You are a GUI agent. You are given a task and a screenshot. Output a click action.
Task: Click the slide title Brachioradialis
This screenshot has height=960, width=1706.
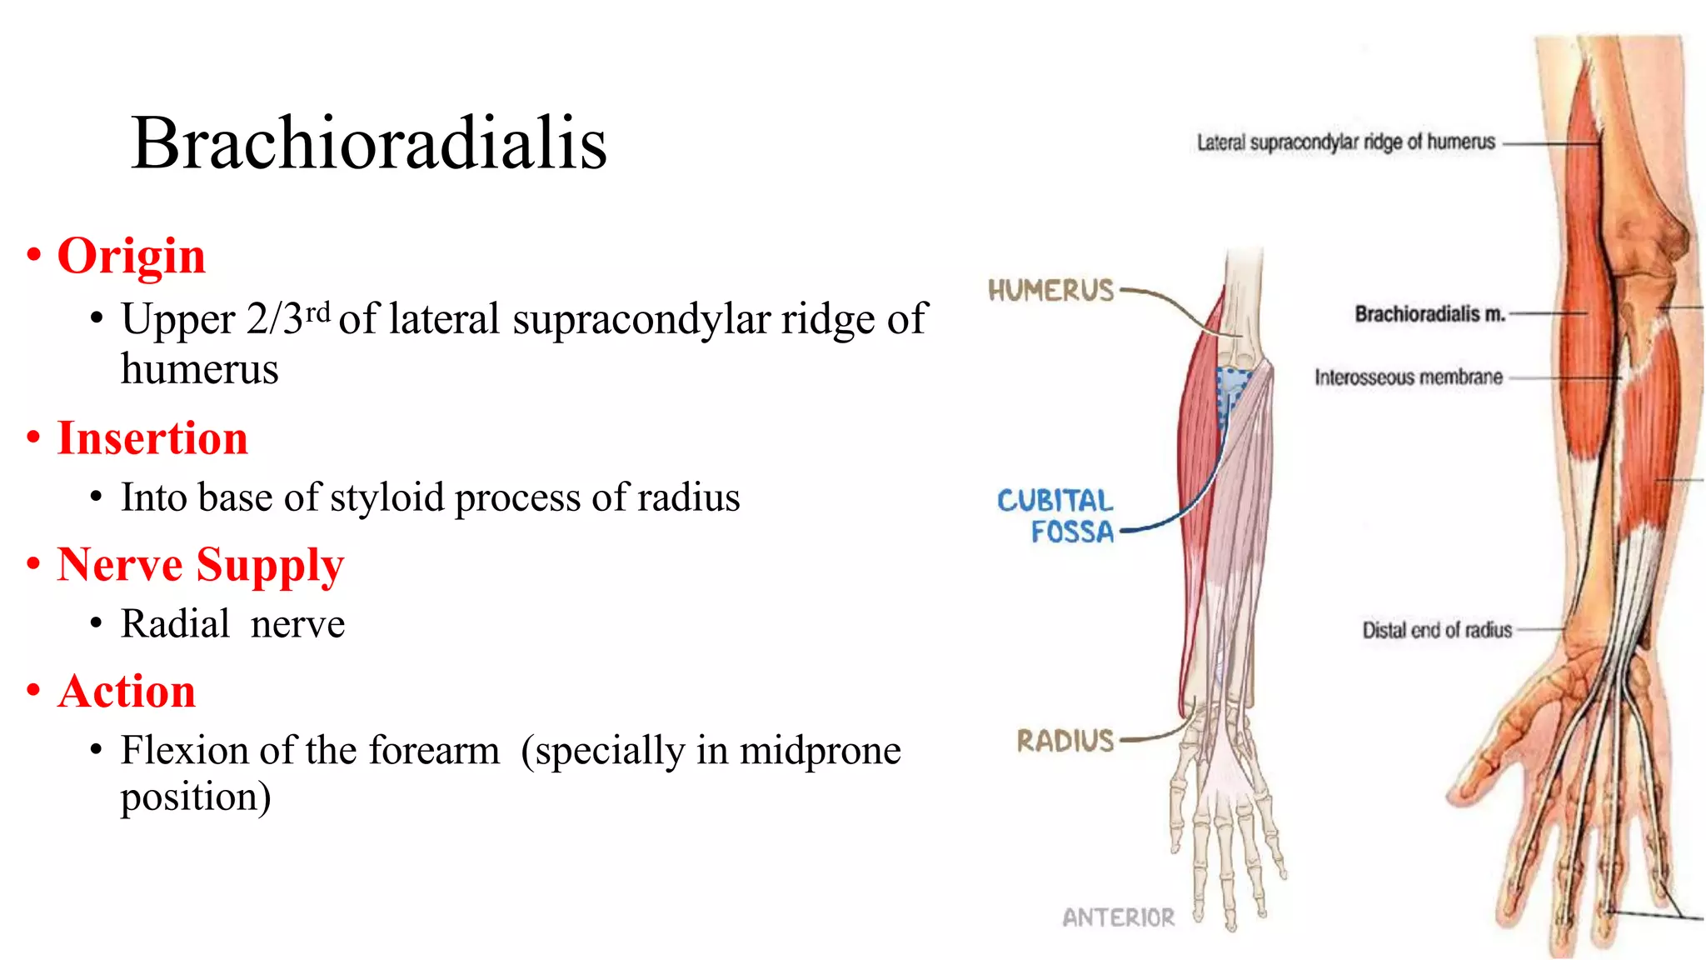click(368, 143)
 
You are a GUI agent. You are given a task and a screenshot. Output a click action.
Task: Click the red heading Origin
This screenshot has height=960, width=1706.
click(131, 256)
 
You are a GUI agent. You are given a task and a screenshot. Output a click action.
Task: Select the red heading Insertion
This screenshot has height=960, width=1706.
click(152, 438)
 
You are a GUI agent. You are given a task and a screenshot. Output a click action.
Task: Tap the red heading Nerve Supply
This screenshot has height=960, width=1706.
click(200, 565)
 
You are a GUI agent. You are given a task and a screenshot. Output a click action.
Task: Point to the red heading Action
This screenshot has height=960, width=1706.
click(127, 692)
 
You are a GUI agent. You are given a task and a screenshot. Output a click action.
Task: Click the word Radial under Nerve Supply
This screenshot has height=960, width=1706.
click(175, 624)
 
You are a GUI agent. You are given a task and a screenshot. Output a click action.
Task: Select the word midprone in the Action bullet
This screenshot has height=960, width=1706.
click(820, 751)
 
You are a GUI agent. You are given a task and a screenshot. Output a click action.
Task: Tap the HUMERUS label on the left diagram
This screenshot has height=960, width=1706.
click(1050, 291)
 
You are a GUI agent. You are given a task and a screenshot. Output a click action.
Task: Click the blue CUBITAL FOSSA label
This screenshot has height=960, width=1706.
click(1055, 516)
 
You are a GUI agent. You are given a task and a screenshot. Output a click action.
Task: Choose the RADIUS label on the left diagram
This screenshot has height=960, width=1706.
click(1065, 741)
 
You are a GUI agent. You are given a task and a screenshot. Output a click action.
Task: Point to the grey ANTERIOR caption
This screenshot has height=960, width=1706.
click(1118, 917)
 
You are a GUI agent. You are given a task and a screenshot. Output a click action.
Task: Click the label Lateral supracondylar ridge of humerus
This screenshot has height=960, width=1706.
click(1345, 142)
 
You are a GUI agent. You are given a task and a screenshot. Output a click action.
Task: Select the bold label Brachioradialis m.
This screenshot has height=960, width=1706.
click(1429, 314)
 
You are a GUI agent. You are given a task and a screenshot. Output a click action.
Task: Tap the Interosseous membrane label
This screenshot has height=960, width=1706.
click(1408, 377)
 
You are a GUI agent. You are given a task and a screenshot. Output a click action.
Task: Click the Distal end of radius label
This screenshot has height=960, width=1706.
click(1436, 630)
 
